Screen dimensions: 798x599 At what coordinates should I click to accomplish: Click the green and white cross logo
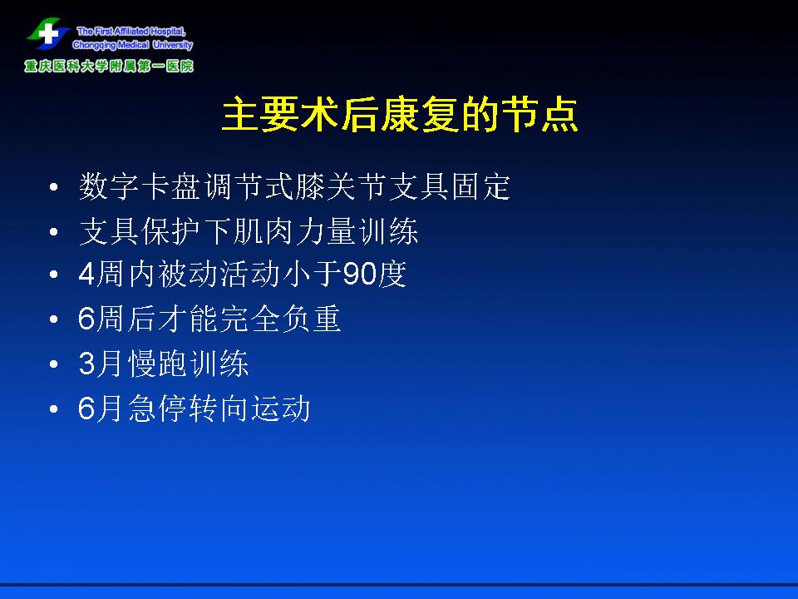coord(48,33)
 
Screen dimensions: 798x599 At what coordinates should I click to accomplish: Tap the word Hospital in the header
coord(167,32)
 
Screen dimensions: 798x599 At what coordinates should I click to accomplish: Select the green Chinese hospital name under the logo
coord(109,67)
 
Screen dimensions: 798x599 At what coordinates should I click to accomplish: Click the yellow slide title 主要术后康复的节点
coord(400,115)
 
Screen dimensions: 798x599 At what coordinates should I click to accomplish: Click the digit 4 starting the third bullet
coord(86,274)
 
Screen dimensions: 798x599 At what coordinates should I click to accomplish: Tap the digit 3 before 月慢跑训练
coord(86,364)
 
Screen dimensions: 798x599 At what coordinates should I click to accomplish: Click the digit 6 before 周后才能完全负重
coord(86,319)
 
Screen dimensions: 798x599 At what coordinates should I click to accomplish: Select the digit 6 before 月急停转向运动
coord(86,408)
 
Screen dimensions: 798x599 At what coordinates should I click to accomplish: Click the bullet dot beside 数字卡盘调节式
coord(54,187)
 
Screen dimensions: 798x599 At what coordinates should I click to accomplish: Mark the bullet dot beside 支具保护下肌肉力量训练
coord(54,232)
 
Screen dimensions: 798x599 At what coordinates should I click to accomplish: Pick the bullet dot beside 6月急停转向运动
coord(54,409)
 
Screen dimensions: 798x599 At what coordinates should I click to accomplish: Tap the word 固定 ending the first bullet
coord(481,186)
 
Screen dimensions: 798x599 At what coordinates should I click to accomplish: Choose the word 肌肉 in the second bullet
coord(264,231)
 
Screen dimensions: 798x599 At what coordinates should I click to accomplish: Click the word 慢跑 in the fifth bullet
coord(157,364)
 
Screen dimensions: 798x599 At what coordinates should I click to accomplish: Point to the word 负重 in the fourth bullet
coord(311,319)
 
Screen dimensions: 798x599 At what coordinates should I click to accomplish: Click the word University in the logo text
coord(173,45)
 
